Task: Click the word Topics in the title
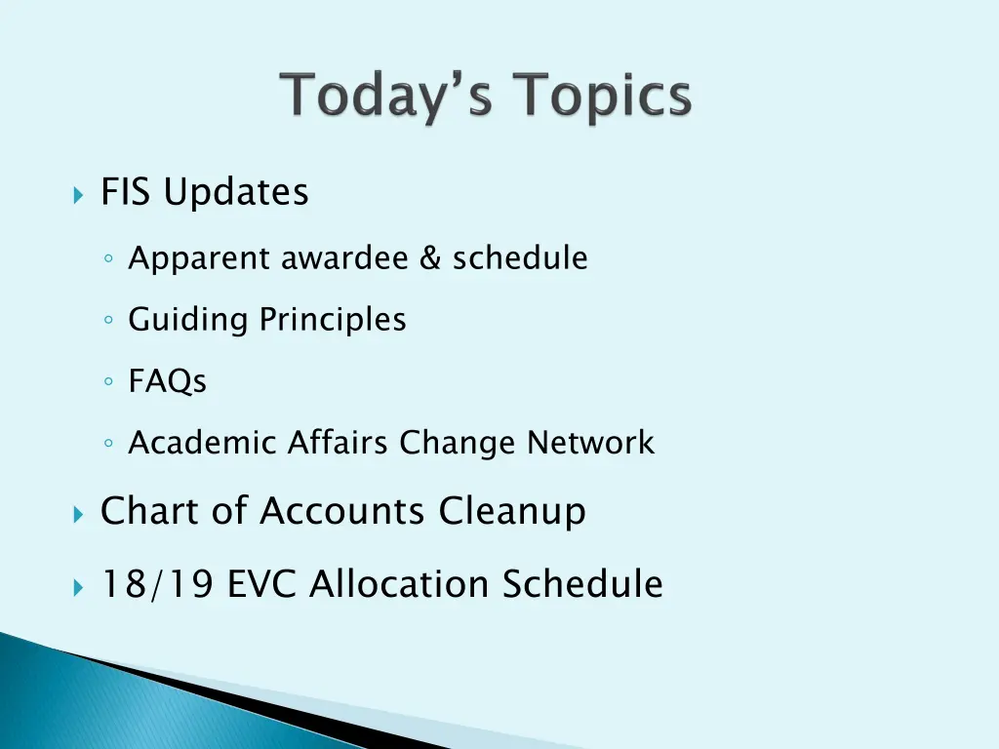(x=605, y=99)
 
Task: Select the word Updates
(x=236, y=192)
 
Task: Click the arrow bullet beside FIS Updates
(x=78, y=194)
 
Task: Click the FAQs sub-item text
(x=168, y=381)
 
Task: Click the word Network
(x=590, y=443)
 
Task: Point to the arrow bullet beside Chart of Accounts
(x=78, y=513)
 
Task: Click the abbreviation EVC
(x=263, y=584)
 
